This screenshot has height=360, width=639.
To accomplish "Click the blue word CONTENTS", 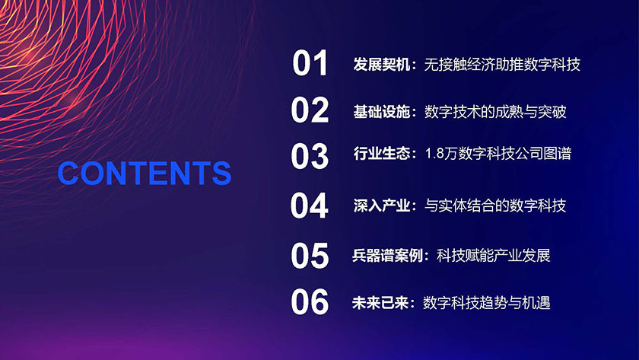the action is coord(145,173).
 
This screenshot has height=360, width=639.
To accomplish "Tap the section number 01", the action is coord(310,62).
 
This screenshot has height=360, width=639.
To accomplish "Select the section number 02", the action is coord(310,110).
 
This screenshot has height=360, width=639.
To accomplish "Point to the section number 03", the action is coord(310,156).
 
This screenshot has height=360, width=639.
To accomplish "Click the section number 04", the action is coord(310,206).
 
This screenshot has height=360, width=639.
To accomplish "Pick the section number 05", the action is coord(310,256).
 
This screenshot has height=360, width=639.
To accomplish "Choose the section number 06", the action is coord(310,301).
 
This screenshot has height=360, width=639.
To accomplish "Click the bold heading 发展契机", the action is coord(381,65).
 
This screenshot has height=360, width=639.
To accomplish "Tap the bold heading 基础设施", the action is coord(381,112).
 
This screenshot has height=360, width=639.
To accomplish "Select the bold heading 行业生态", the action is coord(381,154).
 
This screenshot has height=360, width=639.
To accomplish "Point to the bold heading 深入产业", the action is coord(381,205).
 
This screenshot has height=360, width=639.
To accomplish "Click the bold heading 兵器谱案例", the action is coord(387,256).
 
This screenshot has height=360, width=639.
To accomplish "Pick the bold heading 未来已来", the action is coord(380,303).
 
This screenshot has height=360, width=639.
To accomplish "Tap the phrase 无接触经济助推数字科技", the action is coord(502,65).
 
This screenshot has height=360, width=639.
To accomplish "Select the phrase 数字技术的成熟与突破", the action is coord(495,112).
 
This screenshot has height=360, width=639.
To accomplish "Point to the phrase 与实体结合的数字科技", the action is coord(495,205).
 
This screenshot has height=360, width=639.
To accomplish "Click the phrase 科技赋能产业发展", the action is coord(494,256).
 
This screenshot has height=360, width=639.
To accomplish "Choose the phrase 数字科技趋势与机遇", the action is coord(487,303).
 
